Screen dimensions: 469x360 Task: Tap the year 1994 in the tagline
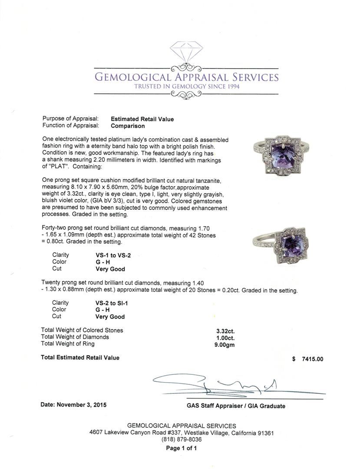(231, 86)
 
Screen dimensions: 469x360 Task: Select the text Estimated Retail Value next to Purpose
(142, 119)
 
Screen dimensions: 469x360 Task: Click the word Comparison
(128, 126)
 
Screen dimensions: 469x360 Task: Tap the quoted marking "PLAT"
(60, 167)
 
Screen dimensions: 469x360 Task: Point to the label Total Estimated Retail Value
(80, 358)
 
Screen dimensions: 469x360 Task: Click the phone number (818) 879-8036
(182, 439)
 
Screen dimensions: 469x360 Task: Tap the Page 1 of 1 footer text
(182, 448)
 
